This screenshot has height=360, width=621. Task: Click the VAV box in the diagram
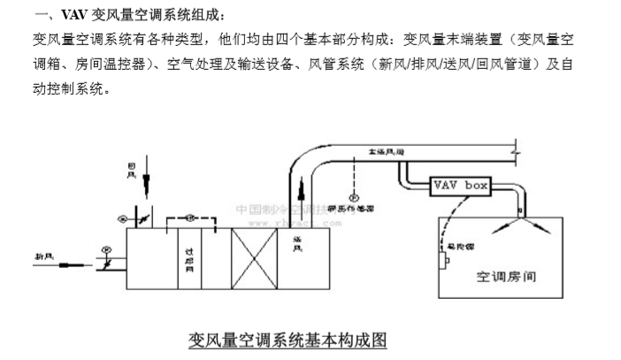point(460,187)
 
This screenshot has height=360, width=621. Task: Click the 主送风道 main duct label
point(387,152)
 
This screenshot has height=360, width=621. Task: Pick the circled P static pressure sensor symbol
point(352,196)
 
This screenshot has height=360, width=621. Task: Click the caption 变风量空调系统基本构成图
point(288,340)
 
